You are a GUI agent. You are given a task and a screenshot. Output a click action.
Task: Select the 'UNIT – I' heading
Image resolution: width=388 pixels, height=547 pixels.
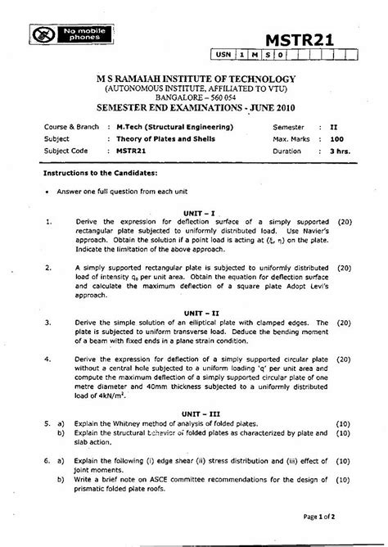[200, 212]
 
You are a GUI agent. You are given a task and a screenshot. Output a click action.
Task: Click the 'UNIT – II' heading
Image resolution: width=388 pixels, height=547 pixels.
[200, 313]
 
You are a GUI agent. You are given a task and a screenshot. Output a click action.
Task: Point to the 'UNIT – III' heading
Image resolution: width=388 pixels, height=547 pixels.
[200, 414]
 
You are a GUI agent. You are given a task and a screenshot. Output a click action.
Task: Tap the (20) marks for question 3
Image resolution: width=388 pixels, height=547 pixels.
[344, 323]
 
